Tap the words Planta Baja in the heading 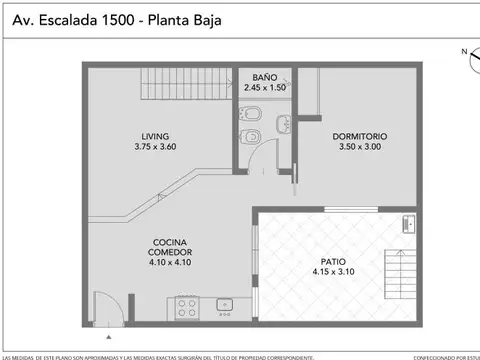[x=184, y=20]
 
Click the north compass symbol [x=471, y=58]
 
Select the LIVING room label [x=154, y=136]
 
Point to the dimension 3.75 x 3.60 [x=154, y=147]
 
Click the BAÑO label [x=265, y=77]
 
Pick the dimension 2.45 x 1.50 [x=265, y=87]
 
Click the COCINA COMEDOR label [x=171, y=247]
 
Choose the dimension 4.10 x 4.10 [x=171, y=264]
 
